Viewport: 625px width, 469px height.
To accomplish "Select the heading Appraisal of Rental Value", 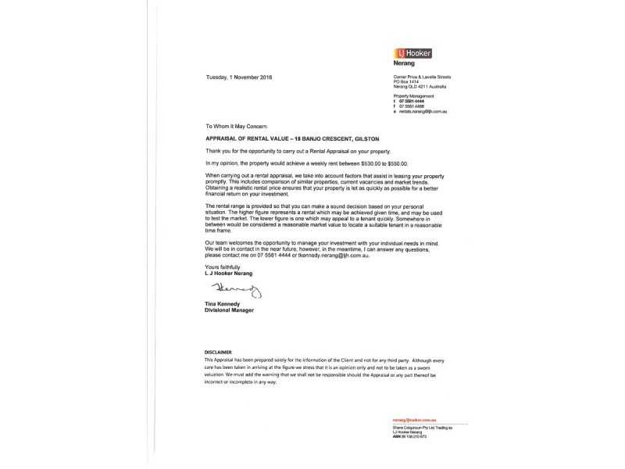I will [x=269, y=138].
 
